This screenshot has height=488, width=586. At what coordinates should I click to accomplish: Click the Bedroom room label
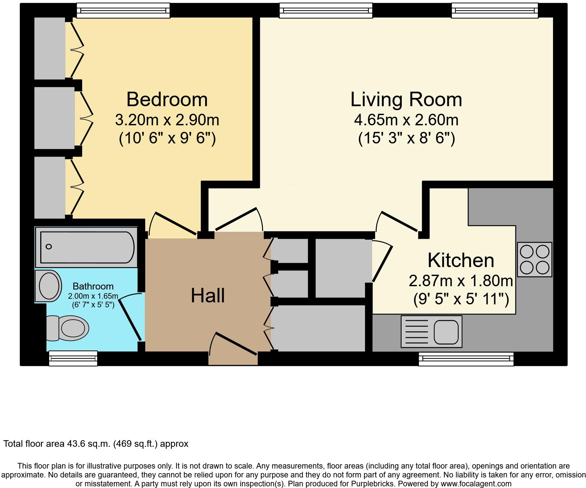coord(167,99)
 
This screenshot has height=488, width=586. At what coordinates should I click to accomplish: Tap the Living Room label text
coord(406,99)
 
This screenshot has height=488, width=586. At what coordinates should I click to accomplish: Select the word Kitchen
coord(461,260)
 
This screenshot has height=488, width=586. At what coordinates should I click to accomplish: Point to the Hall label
coord(208,295)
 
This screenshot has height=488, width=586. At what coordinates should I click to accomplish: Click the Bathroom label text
coord(93,286)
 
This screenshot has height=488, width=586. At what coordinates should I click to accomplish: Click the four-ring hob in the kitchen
coord(535,259)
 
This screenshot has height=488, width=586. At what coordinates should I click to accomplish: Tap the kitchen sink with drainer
coord(432,331)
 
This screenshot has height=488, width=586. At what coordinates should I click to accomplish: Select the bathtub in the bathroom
coord(86,247)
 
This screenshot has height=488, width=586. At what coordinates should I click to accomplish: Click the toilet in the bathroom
coord(68,328)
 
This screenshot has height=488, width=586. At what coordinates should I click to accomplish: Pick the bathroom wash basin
coord(49,286)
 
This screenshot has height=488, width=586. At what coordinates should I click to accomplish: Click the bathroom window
coord(73,358)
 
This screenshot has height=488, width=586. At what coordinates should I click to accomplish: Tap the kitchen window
coord(466,359)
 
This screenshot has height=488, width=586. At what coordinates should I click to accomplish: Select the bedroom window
coord(123,11)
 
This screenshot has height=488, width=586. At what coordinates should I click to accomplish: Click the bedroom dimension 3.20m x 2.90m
coord(167,120)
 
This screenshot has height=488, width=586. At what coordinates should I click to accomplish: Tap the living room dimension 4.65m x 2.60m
coord(406,120)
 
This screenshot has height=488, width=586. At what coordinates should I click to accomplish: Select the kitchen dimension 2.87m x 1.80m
coord(461,281)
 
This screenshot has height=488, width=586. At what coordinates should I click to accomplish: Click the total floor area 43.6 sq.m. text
coord(96,444)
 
